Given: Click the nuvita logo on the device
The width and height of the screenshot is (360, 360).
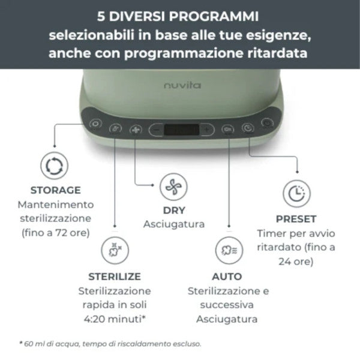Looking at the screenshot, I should click(183, 86).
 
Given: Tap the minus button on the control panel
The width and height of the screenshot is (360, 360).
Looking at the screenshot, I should click(156, 129).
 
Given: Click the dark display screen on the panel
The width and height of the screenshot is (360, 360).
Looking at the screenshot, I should click(181, 129).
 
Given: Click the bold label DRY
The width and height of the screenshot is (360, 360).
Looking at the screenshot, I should click(174, 211).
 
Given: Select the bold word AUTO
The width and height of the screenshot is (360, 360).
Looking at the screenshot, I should click(227, 277).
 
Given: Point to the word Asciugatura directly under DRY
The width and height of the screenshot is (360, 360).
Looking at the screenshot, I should click(174, 224).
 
